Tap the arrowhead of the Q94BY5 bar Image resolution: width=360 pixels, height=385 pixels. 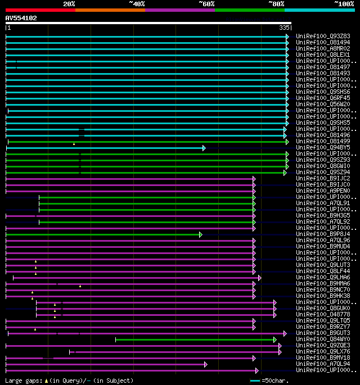204,148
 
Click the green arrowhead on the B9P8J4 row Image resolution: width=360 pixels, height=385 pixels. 200,234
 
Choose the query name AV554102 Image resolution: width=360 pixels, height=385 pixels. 21,18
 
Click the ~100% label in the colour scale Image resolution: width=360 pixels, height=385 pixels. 344,3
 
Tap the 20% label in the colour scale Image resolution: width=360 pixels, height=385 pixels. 69,3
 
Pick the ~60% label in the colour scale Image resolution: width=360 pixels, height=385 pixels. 206,3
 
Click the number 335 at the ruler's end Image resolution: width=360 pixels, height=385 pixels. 284,28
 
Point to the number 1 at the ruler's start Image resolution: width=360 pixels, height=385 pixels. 8,28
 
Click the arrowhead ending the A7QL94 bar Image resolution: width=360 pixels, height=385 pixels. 206,364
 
